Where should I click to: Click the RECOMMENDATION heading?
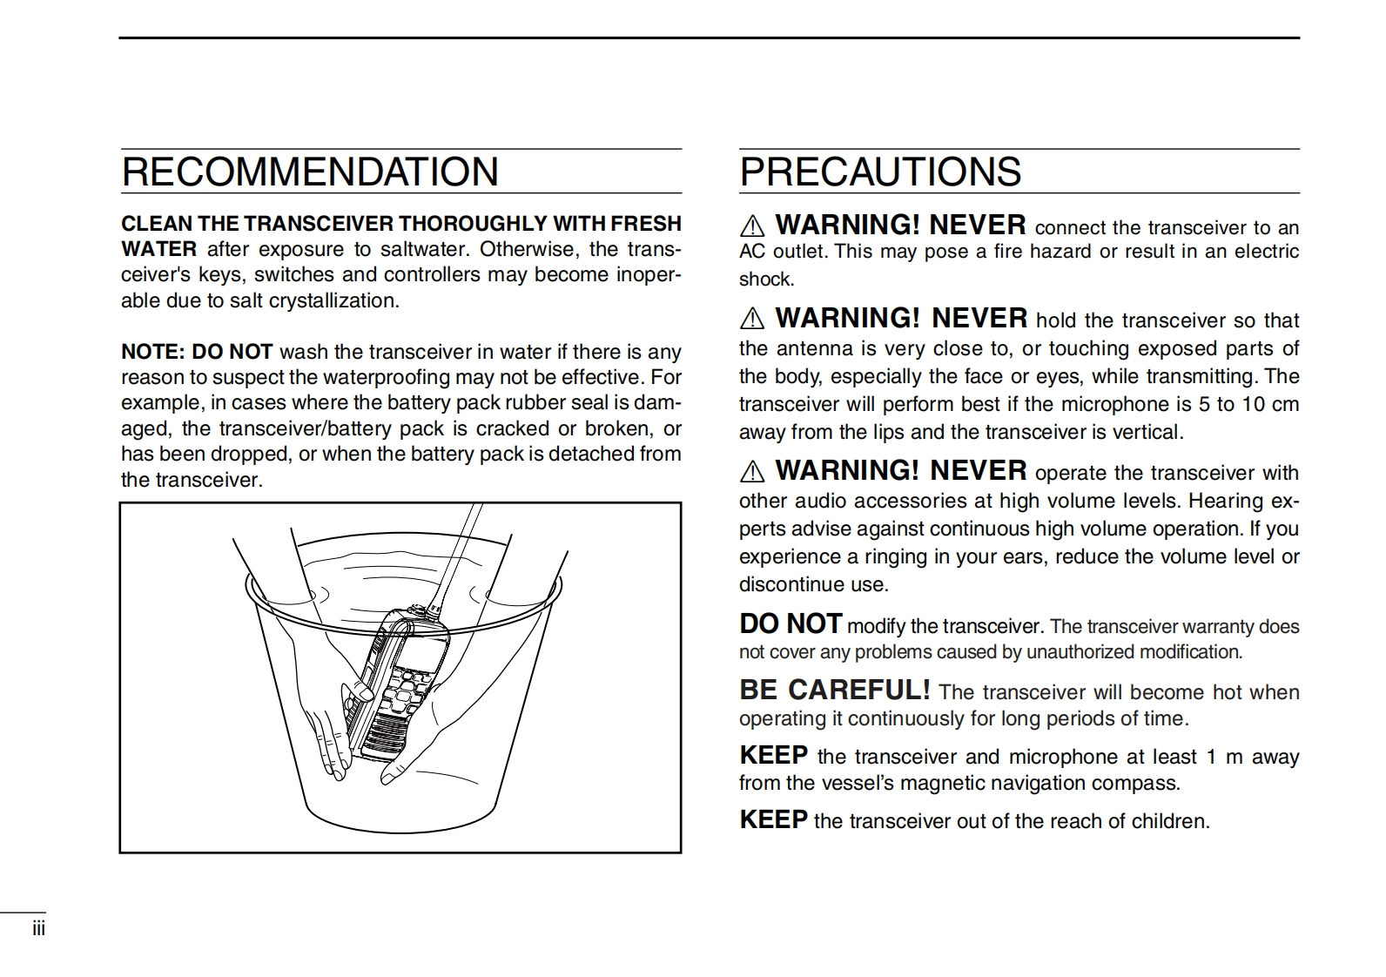click(310, 172)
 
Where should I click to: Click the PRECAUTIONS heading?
click(880, 172)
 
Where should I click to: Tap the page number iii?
click(38, 928)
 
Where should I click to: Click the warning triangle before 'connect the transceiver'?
click(751, 226)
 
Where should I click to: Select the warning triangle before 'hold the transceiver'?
click(751, 320)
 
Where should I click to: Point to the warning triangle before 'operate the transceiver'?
click(751, 472)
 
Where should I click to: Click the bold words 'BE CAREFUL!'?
click(834, 690)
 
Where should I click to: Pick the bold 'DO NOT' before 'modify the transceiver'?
click(791, 623)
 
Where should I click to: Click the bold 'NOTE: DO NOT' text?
click(197, 352)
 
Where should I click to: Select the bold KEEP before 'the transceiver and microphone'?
click(773, 755)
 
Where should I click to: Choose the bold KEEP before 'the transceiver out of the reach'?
click(773, 819)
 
